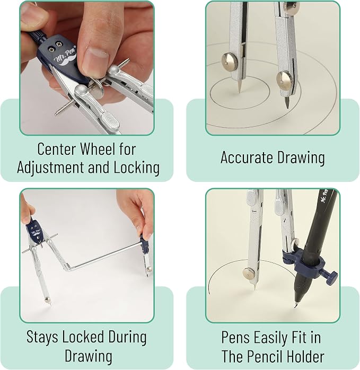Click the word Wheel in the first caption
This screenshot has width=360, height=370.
97,149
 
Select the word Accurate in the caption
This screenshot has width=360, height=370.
247,157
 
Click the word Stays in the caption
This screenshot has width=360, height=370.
42,337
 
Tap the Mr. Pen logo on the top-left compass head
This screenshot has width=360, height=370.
65,57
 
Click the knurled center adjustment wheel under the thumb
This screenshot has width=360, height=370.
98,89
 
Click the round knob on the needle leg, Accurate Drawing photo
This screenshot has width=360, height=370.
230,61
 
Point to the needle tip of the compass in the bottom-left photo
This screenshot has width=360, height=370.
50,304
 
